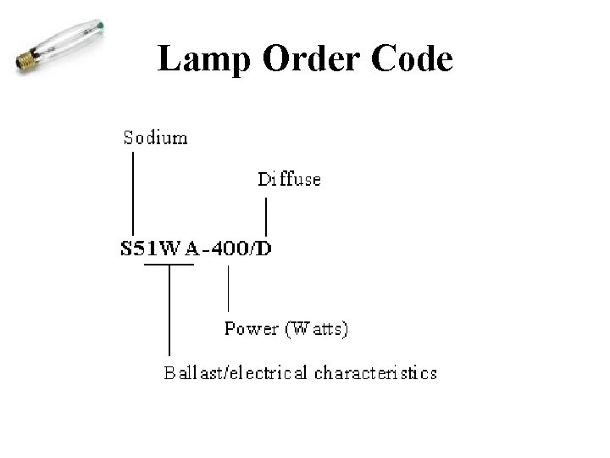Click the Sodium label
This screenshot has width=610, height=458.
click(156, 137)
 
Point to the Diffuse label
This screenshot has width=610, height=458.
click(289, 179)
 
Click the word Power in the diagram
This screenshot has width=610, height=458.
click(251, 329)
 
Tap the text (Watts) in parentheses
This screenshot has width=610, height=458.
click(316, 329)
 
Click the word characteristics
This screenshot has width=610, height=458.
click(376, 372)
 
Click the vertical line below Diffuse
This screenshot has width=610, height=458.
click(268, 216)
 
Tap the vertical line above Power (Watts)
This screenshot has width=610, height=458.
click(228, 288)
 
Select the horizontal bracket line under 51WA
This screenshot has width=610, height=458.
click(169, 265)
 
